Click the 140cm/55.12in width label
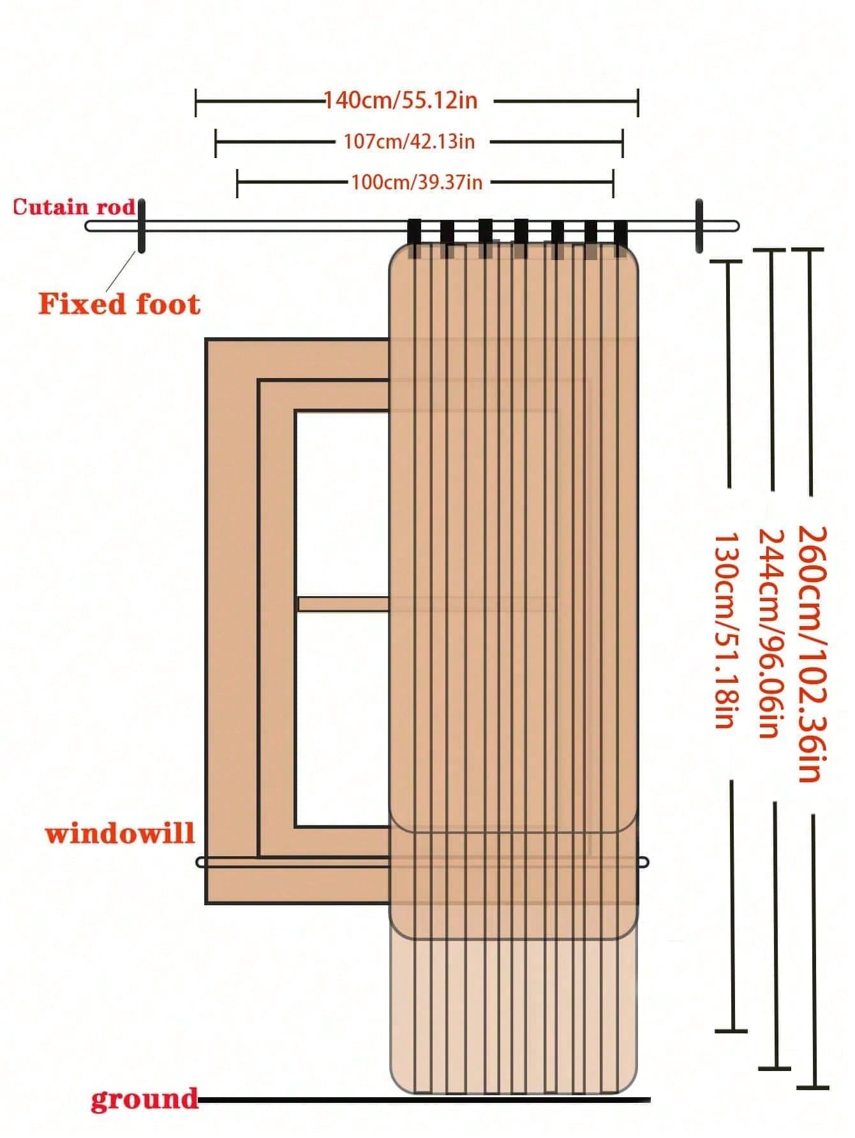(401, 101)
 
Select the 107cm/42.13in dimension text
(409, 142)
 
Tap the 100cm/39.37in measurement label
(417, 183)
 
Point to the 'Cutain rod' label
(74, 207)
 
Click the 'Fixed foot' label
(119, 303)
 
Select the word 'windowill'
(120, 833)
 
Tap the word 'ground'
(144, 1099)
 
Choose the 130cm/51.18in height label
(725, 631)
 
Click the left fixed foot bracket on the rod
(141, 226)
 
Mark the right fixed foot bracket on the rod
(699, 226)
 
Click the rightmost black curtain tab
(621, 236)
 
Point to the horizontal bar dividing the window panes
(343, 604)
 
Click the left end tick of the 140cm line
(196, 102)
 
